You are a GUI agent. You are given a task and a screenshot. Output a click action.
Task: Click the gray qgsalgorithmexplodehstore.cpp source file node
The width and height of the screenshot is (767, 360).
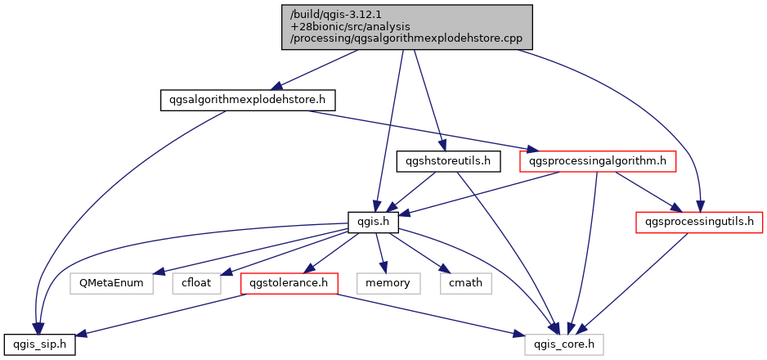(407, 27)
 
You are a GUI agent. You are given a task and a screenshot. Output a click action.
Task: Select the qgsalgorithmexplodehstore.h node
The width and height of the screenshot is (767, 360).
(247, 100)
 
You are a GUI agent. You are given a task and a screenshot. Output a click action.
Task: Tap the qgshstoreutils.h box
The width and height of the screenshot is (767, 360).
(448, 161)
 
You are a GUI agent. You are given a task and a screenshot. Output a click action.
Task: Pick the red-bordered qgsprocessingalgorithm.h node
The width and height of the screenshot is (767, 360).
(599, 161)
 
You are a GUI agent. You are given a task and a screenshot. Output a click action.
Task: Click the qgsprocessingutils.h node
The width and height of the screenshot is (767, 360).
(699, 222)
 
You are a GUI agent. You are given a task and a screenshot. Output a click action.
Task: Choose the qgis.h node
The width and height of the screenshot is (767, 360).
(373, 222)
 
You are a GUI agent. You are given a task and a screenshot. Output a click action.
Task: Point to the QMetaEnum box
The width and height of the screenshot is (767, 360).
(112, 284)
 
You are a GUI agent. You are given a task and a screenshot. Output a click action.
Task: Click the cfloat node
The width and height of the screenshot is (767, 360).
(195, 284)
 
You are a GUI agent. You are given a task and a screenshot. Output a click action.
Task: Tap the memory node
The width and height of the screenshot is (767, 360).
(388, 284)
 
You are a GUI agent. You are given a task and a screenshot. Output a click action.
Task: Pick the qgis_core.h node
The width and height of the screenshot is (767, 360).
(564, 344)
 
